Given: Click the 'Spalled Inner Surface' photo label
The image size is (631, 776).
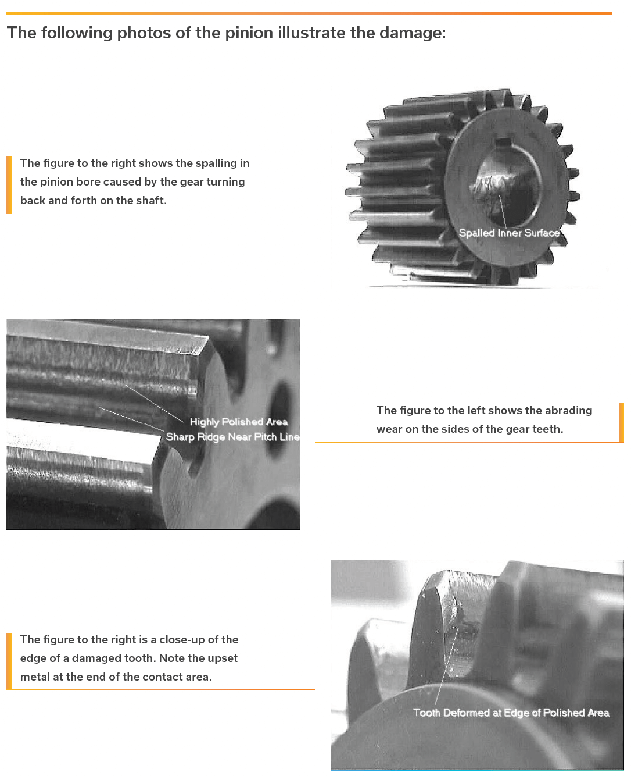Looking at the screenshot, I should [509, 233].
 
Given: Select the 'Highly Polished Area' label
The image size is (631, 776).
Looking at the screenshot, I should [239, 422].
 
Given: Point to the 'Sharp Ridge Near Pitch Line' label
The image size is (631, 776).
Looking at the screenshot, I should [232, 437].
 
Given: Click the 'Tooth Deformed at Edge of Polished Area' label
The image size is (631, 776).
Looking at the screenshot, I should [511, 713].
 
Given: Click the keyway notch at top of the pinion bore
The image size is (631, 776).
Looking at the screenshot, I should [502, 142].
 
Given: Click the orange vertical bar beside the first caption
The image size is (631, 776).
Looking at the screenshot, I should [9, 185].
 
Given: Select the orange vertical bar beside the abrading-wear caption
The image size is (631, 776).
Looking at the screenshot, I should [621, 422].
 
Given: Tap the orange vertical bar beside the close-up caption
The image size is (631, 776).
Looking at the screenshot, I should [9, 661].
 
